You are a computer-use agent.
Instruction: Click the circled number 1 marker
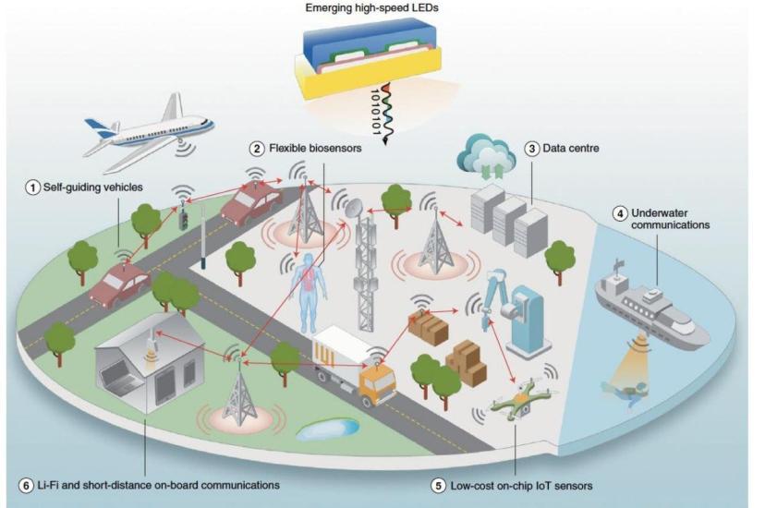tap(32, 187)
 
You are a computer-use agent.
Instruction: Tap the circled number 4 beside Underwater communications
tap(620, 213)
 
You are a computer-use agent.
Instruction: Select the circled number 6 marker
tap(27, 486)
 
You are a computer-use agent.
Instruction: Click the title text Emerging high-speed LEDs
tap(371, 7)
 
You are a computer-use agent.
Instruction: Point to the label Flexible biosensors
tap(315, 148)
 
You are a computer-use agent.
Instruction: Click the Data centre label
tap(571, 148)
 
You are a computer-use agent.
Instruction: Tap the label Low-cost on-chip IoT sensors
tap(521, 486)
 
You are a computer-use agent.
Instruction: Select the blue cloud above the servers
tap(486, 153)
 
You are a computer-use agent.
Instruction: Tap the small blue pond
tap(328, 429)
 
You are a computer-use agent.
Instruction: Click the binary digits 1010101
tap(376, 112)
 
